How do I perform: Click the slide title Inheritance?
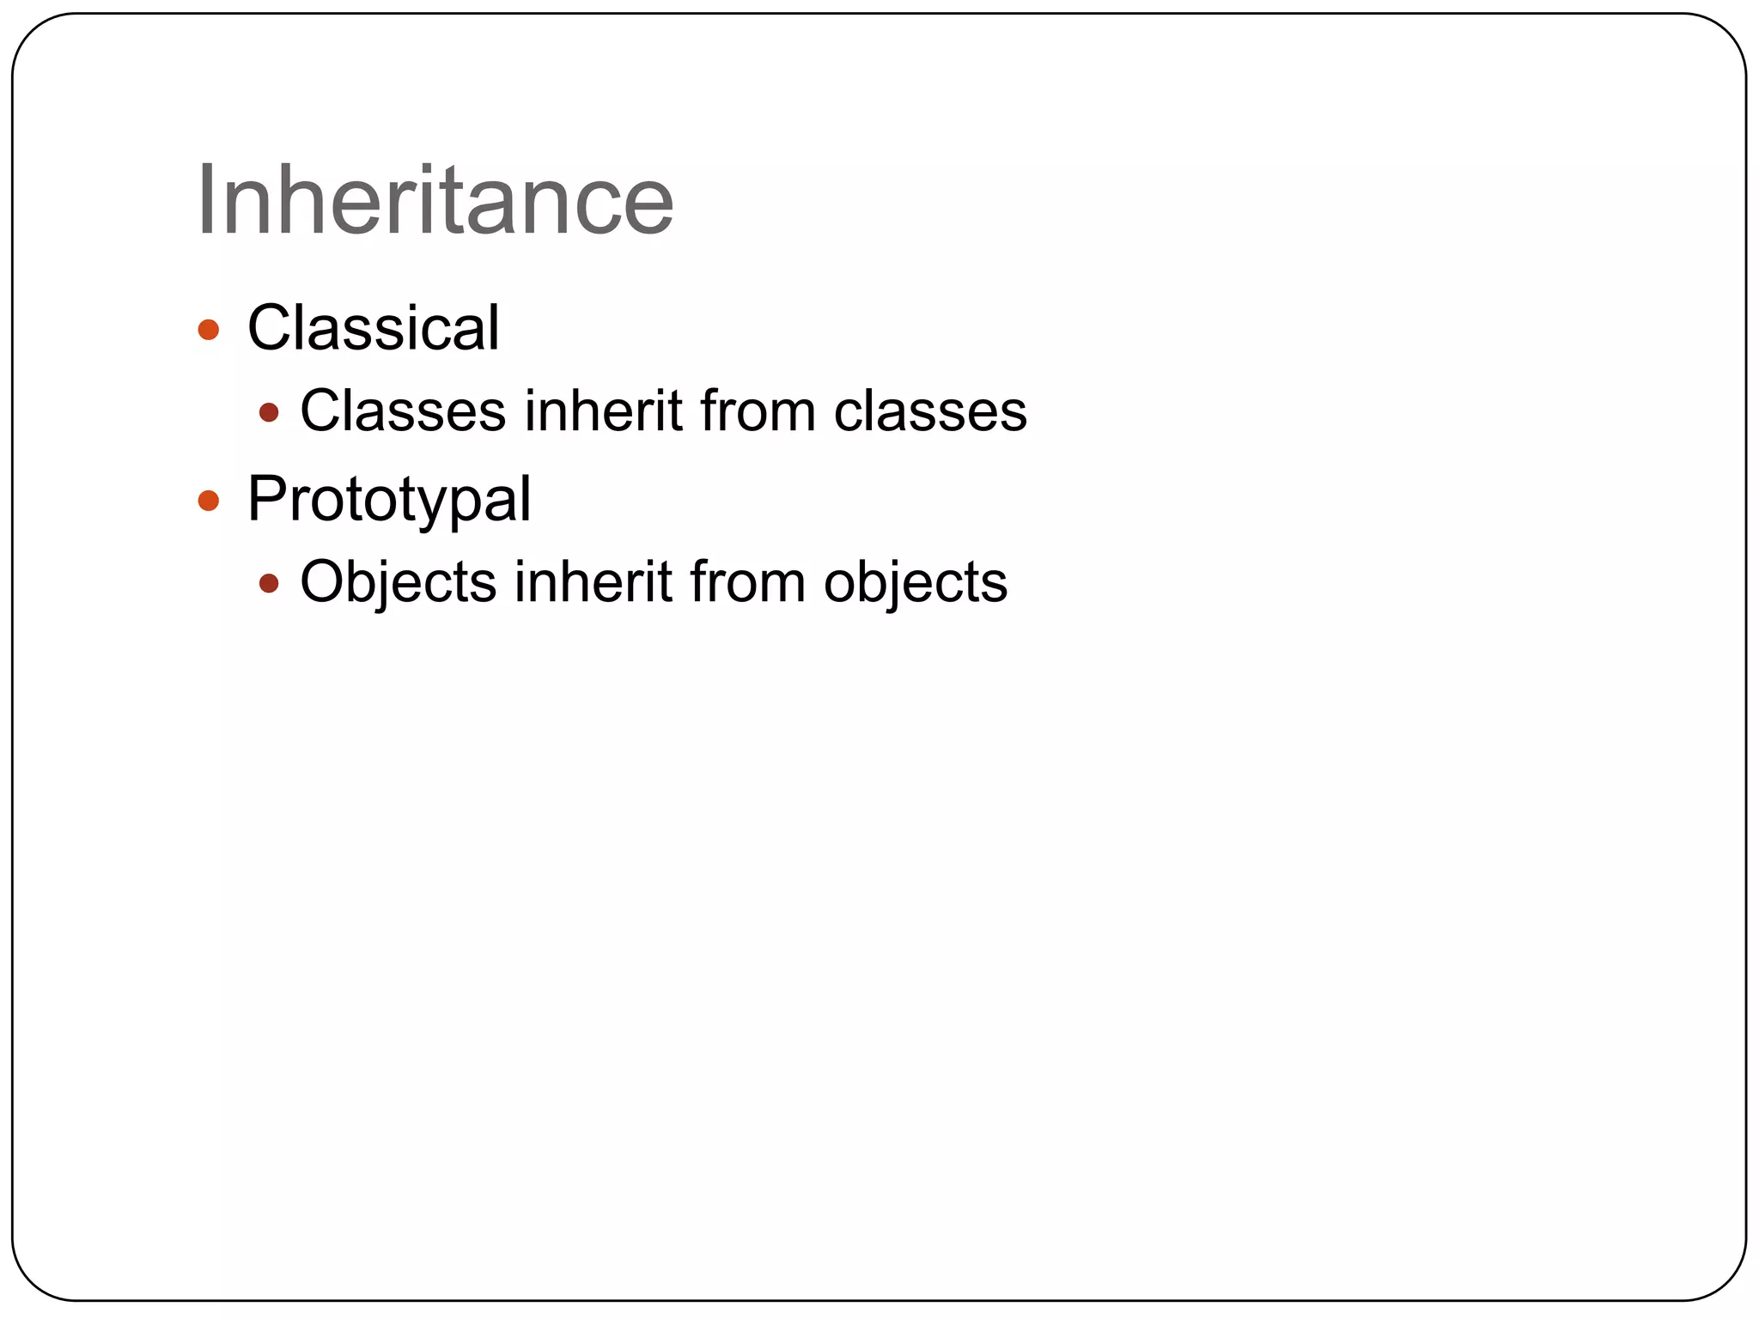point(435,200)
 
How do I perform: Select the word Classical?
point(373,328)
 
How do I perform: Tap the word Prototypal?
point(388,499)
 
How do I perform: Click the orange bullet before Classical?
point(209,330)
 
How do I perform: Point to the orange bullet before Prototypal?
point(209,501)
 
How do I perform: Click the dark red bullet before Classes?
point(269,413)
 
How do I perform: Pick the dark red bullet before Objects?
point(269,584)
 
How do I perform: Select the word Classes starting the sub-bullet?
point(403,410)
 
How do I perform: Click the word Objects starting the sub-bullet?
point(399,582)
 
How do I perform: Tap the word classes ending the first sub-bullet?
point(930,410)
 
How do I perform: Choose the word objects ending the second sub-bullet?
point(916,582)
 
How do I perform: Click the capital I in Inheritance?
point(205,200)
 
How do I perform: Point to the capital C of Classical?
point(268,328)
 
